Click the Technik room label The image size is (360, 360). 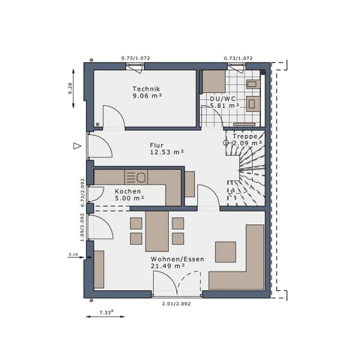(146, 89)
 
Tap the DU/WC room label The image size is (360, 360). (223, 99)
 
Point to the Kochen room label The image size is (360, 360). (128, 191)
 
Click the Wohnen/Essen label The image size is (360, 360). (178, 259)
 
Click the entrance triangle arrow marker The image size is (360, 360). (77, 146)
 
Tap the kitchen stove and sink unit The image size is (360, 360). (136, 177)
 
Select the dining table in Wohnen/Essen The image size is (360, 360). (157, 232)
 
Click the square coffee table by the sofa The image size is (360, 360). (226, 252)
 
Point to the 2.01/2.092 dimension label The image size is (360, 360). (176, 304)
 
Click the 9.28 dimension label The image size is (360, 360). (70, 88)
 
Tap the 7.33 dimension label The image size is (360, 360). (107, 312)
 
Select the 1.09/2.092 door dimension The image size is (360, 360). (82, 227)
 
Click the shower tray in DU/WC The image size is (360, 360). (214, 81)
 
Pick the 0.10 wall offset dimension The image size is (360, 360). (73, 254)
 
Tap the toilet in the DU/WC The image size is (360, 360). (253, 104)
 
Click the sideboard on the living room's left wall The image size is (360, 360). (99, 269)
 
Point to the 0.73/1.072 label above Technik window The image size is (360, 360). (136, 58)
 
